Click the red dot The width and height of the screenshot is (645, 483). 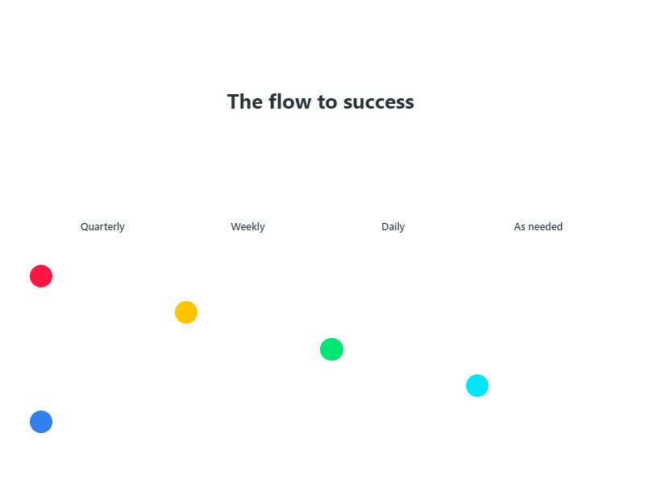pyautogui.click(x=41, y=276)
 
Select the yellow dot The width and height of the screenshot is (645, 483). pyautogui.click(x=186, y=312)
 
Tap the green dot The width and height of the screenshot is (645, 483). pyautogui.click(x=331, y=349)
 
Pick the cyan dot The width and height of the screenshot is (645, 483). pyautogui.click(x=477, y=386)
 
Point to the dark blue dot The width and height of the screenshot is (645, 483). pyautogui.click(x=41, y=422)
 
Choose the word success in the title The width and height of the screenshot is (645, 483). pyautogui.click(x=378, y=102)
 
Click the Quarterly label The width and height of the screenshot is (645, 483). pyautogui.click(x=102, y=227)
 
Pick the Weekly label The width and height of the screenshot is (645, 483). pyautogui.click(x=248, y=227)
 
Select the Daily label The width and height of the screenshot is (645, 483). pyautogui.click(x=393, y=227)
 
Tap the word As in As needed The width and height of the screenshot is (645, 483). pyautogui.click(x=520, y=227)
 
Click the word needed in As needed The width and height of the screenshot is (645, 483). pyautogui.click(x=546, y=227)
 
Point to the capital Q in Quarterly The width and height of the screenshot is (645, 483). pyautogui.click(x=84, y=227)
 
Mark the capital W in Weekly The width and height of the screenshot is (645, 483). pyautogui.click(x=235, y=227)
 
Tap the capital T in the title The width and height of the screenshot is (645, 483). pyautogui.click(x=233, y=102)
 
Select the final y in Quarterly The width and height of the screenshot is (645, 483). pyautogui.click(x=123, y=228)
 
